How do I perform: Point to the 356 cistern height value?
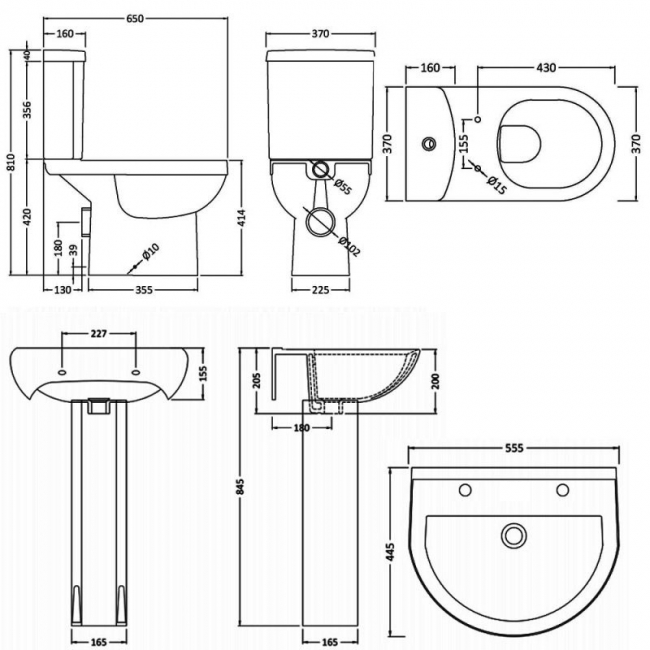click(x=27, y=111)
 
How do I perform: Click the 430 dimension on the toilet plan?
click(x=546, y=68)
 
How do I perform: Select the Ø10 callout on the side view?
click(x=151, y=253)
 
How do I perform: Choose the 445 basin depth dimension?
click(x=392, y=551)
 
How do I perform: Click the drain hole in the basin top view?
click(x=515, y=537)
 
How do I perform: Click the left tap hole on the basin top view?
click(x=466, y=490)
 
